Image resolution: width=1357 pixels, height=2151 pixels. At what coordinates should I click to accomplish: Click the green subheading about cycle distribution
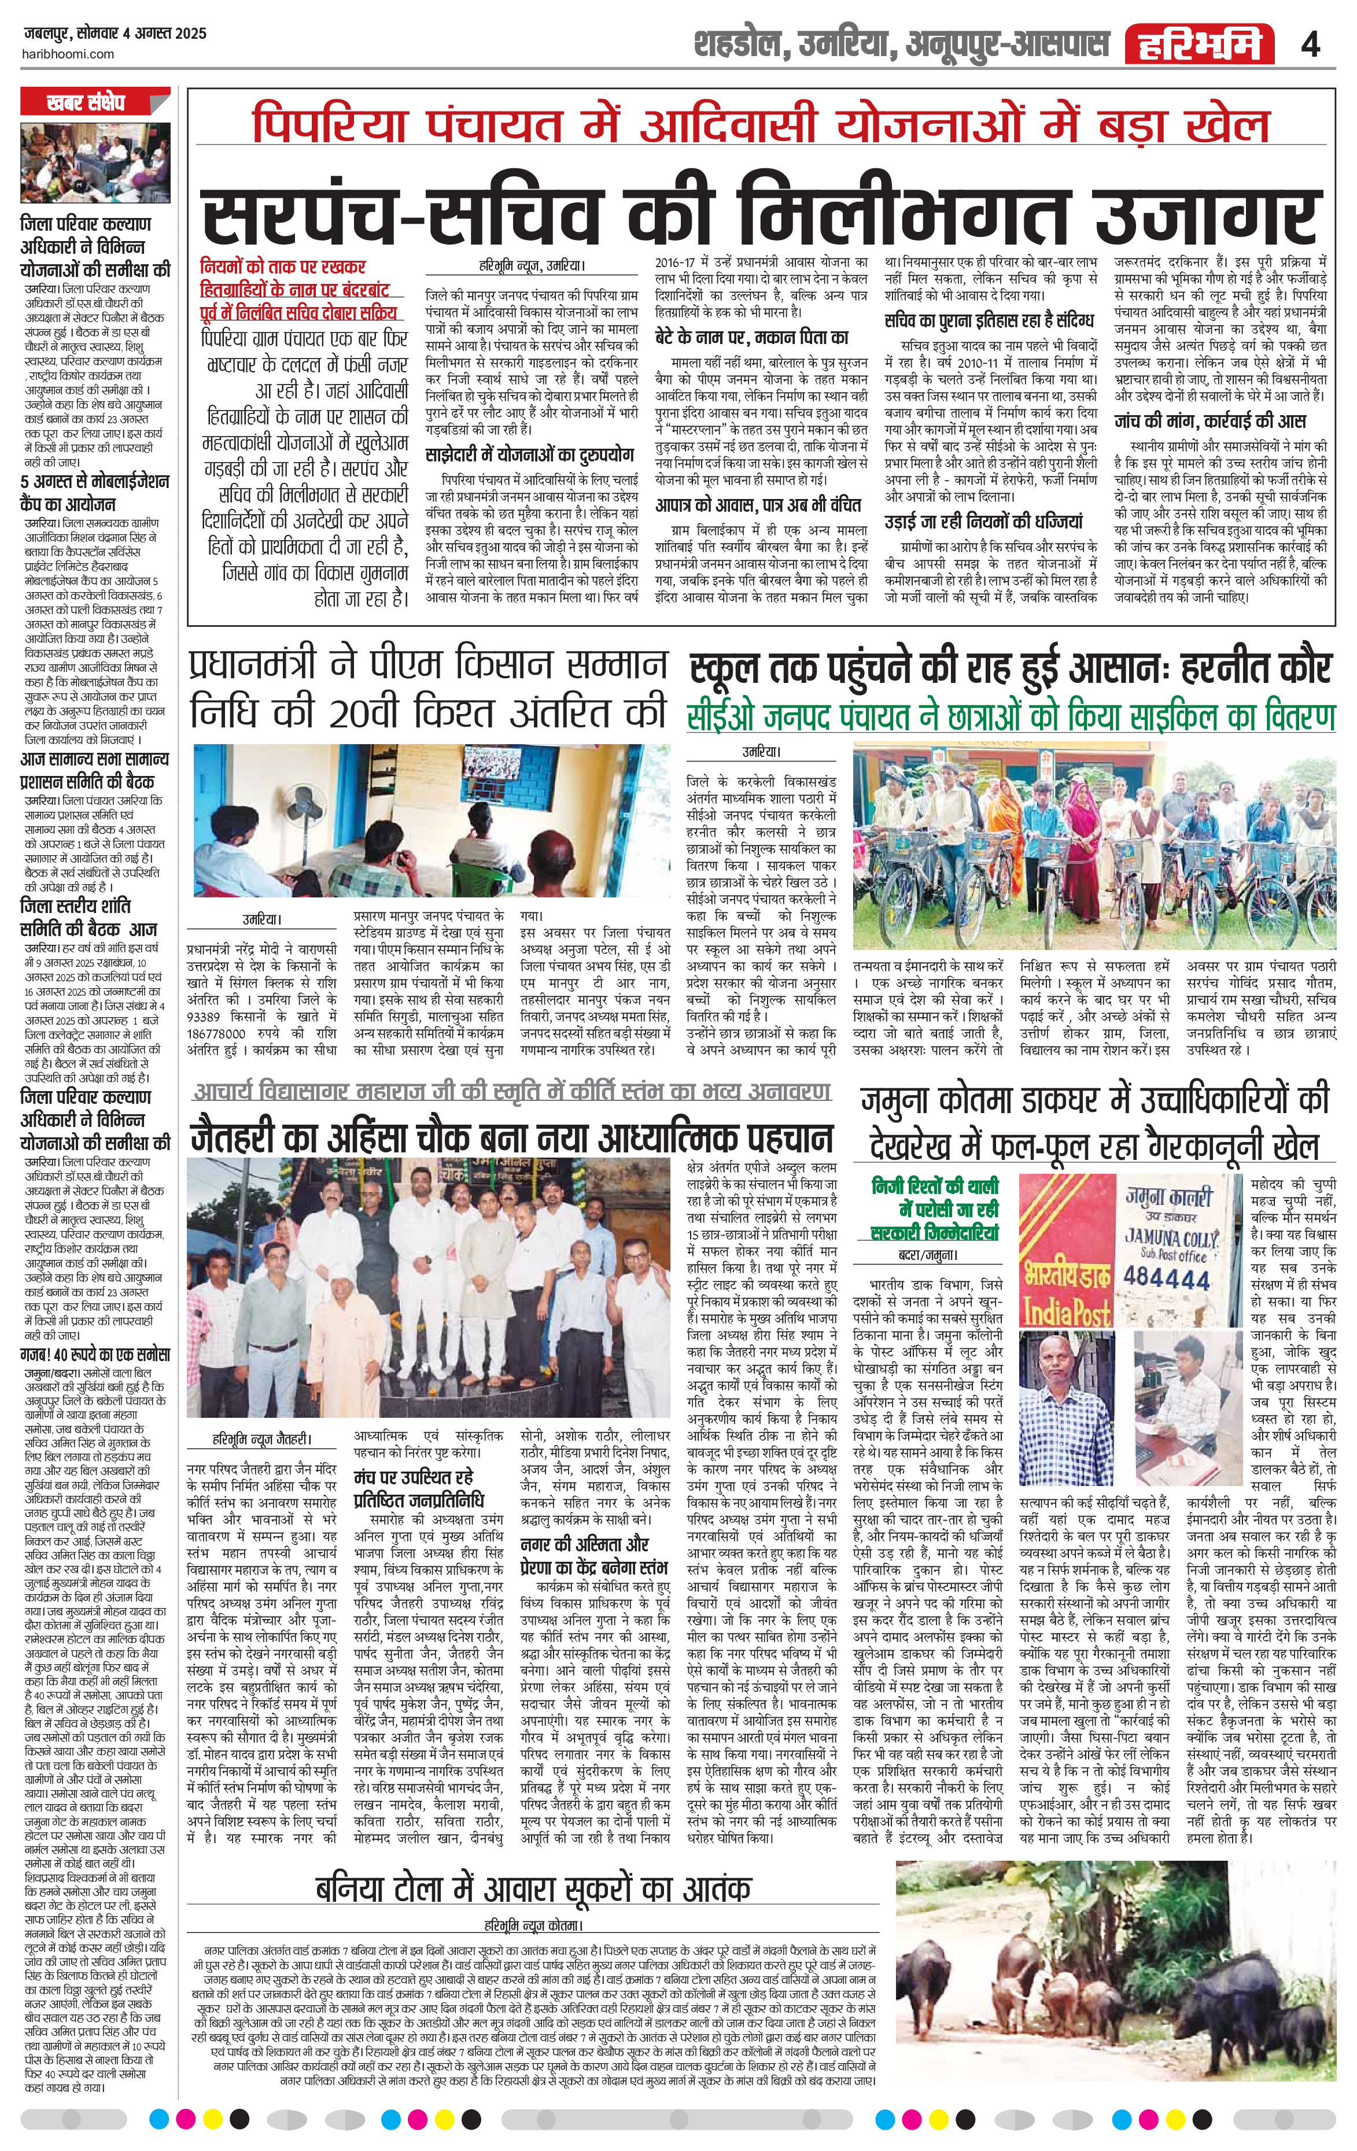pyautogui.click(x=1011, y=716)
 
